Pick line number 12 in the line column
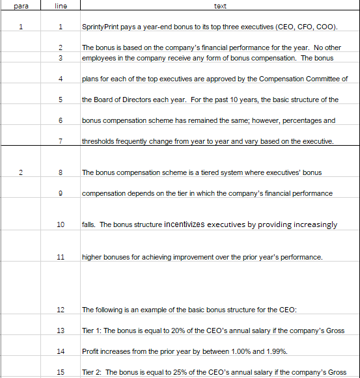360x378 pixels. pos(60,309)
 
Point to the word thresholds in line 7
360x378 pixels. pos(100,141)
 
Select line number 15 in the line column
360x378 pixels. pos(60,372)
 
